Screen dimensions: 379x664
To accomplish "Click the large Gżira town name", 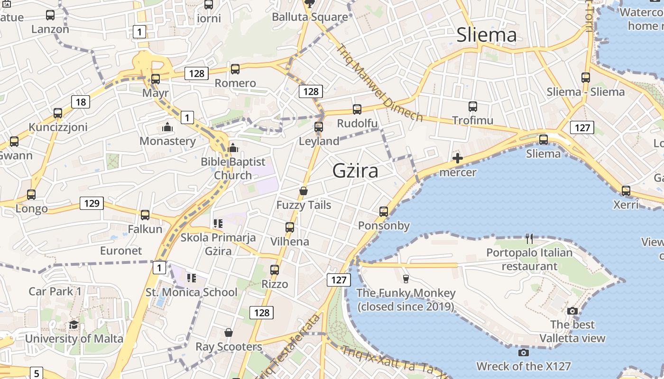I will tap(355, 171).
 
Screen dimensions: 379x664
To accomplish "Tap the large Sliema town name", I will tap(486, 35).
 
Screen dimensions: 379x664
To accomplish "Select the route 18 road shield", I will tap(81, 101).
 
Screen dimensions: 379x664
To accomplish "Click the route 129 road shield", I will tap(91, 203).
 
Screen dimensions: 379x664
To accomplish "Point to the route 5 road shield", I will tap(37, 373).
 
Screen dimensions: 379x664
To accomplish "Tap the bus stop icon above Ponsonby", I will tap(384, 212).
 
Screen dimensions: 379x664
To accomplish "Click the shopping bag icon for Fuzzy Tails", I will tap(304, 191).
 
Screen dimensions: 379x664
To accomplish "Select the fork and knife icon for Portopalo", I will tap(529, 239).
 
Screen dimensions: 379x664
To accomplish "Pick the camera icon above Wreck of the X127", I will tap(524, 352).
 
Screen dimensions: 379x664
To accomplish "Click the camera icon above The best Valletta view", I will tap(572, 311).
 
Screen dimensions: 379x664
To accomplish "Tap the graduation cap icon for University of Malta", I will tap(74, 325).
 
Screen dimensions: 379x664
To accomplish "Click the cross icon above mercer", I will tap(458, 158).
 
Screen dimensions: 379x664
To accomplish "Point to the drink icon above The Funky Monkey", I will tap(406, 279).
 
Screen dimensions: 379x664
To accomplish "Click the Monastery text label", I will tap(167, 141).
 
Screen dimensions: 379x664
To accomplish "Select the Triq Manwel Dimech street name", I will tap(379, 83).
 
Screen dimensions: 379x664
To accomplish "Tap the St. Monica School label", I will tap(191, 292).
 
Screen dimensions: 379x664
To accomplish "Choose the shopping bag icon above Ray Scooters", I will tap(229, 333).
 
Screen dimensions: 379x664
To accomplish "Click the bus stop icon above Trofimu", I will tap(472, 106).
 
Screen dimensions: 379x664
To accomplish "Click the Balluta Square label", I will tap(310, 17).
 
